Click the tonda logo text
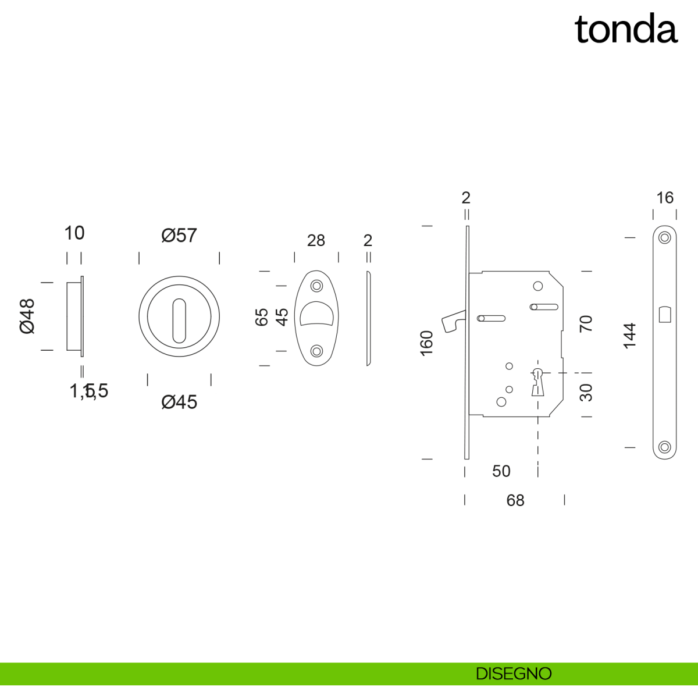[626, 30]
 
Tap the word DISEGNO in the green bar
[513, 674]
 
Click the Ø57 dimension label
[179, 236]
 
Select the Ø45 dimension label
[179, 402]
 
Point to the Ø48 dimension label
[27, 316]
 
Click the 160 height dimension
[426, 343]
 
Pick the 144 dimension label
[630, 336]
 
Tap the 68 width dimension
[515, 500]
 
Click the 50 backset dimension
[501, 471]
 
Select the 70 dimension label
[586, 323]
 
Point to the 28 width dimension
[316, 240]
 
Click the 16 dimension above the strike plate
[665, 198]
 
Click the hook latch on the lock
[453, 321]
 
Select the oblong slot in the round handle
[179, 320]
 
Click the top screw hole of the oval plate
[316, 286]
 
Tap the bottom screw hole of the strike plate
[664, 447]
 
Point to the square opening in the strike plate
[665, 315]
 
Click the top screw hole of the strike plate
[664, 237]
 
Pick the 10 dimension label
[74, 233]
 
